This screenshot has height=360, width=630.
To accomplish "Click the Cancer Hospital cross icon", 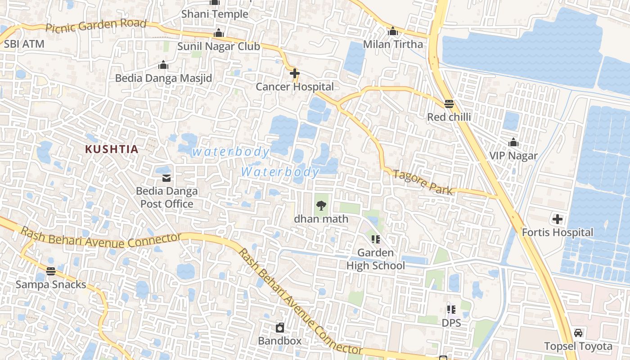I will coord(295,73).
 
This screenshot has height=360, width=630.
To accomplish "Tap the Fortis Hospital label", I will coord(558,233).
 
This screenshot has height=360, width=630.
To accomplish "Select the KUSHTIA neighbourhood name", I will coord(112,149).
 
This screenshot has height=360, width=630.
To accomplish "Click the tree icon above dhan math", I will coord(321,206).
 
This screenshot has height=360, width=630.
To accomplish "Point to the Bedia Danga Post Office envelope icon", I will coord(166,178).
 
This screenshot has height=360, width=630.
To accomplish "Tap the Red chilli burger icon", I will coord(449,104).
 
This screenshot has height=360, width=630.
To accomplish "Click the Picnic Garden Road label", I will coord(96,26).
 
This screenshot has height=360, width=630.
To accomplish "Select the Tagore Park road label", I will coord(423,182).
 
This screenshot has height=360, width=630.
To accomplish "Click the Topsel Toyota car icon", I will coord(578,333).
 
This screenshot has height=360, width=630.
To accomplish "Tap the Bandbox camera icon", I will coord(280,327).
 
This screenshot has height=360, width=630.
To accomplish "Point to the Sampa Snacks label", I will coord(51,284).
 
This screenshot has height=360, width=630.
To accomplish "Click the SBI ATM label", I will coord(24,44).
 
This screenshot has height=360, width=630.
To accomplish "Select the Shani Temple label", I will coord(215,14).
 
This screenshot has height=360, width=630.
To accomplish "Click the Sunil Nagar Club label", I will coord(219,46).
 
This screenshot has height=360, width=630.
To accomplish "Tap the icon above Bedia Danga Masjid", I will coord(163,65).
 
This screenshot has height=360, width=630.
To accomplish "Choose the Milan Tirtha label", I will coord(393,44).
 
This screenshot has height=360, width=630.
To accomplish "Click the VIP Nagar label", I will coord(513,156).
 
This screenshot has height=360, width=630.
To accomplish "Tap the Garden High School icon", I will coord(376,239).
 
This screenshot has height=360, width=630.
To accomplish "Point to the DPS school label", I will coord(451,323).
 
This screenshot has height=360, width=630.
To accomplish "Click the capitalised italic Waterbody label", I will coord(280,172).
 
